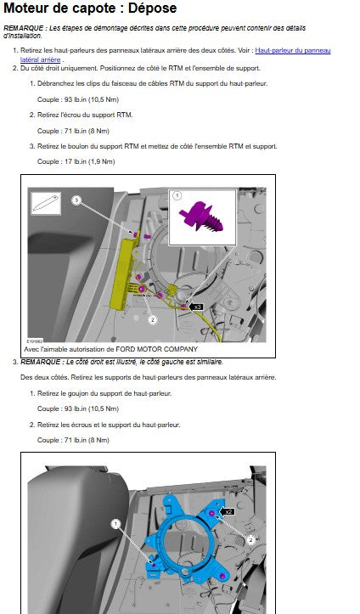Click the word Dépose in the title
[x=152, y=8]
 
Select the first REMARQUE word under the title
[x=23, y=28]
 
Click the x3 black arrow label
[x=196, y=307]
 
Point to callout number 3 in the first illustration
[x=76, y=200]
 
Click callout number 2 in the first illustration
[x=153, y=319]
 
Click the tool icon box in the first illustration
[x=46, y=203]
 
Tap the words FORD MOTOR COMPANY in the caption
[x=156, y=349]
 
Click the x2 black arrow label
[x=228, y=511]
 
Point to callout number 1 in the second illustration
[x=115, y=523]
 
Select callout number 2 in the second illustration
[x=250, y=540]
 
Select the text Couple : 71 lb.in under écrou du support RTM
[x=61, y=131]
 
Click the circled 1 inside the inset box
[x=177, y=195]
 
